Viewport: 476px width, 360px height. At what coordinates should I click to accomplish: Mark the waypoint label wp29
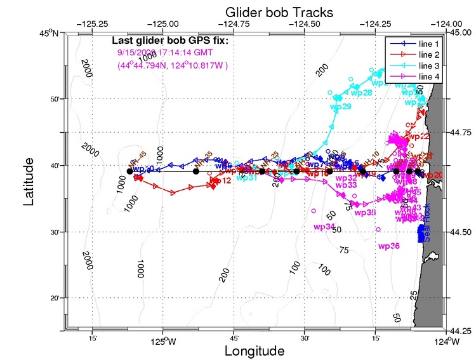coord(341,107)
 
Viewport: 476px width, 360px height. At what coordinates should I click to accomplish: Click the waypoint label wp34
coord(324,227)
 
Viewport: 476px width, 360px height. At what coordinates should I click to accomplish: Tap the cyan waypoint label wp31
coord(247,178)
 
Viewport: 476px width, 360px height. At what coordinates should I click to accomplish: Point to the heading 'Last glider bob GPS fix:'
coord(169,42)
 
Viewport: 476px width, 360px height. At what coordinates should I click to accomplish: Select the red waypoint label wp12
coord(218,181)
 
